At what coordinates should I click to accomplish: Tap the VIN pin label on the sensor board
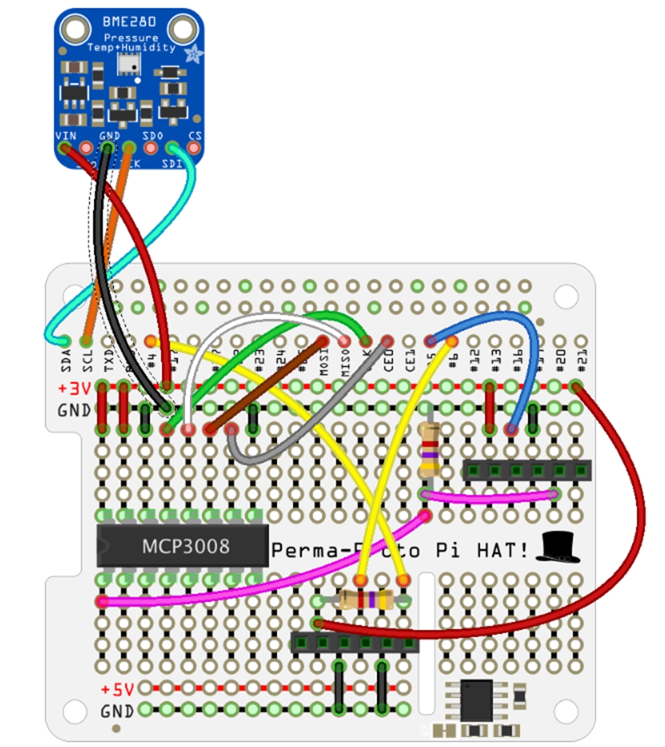coord(66,135)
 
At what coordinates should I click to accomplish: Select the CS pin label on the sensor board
coord(194,135)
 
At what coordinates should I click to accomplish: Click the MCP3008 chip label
coord(186,546)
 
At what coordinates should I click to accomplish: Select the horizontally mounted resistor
coord(366,600)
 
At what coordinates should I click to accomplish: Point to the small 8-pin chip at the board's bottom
coord(477,700)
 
